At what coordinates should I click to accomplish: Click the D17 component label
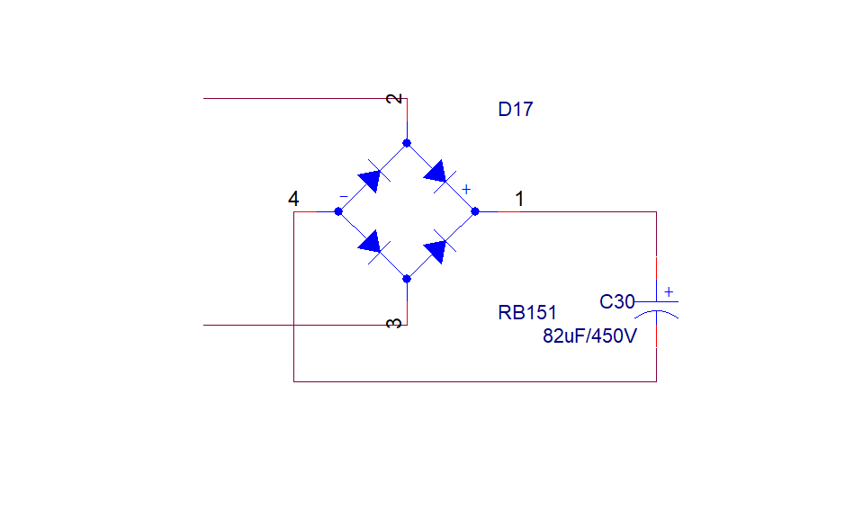(516, 110)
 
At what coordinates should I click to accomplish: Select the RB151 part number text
(527, 313)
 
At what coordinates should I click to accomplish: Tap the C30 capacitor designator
(617, 302)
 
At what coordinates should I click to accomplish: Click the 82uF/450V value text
(590, 336)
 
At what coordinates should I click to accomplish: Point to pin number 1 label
(519, 199)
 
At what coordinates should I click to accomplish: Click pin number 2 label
(394, 98)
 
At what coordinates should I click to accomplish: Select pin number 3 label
(394, 323)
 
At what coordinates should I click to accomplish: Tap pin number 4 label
(293, 199)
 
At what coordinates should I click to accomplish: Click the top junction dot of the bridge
(407, 143)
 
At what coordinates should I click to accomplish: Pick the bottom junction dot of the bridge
(407, 279)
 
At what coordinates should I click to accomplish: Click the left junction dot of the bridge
(338, 211)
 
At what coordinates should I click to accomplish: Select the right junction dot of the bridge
(475, 211)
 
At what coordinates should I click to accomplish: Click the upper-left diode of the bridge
(371, 178)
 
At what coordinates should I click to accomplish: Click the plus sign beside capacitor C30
(668, 291)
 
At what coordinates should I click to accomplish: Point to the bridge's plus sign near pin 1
(466, 189)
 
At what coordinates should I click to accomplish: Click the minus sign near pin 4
(343, 196)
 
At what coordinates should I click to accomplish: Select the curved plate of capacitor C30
(657, 313)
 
